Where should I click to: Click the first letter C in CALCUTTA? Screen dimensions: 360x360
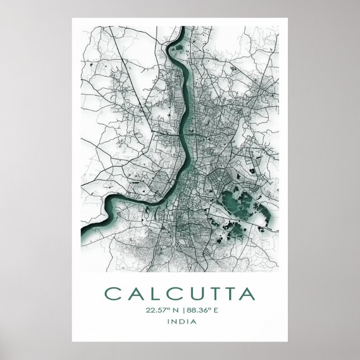[x=111, y=294]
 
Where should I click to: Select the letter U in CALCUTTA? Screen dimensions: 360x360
[x=192, y=294]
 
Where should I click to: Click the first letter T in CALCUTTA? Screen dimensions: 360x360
[x=211, y=294]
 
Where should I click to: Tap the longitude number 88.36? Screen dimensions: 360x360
[x=193, y=310]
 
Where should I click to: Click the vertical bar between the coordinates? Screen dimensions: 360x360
[x=181, y=310]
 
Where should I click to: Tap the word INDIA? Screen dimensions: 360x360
[x=180, y=322]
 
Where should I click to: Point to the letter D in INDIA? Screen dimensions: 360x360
[x=180, y=322]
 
